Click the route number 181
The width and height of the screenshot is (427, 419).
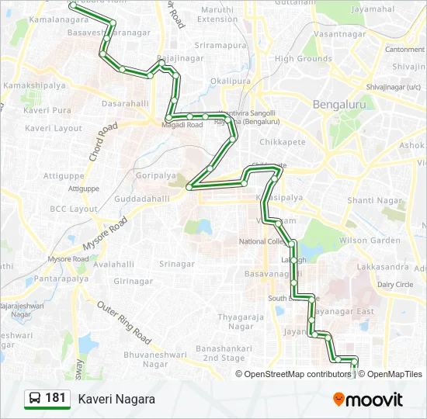(55, 398)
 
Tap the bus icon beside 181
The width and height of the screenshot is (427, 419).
(35, 399)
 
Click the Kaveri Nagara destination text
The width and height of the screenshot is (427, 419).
(116, 399)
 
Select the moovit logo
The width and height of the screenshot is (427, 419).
(368, 399)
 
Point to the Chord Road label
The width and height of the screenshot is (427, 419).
(102, 140)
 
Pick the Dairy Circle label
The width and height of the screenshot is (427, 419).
(394, 285)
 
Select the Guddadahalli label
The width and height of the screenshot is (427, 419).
(142, 199)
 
